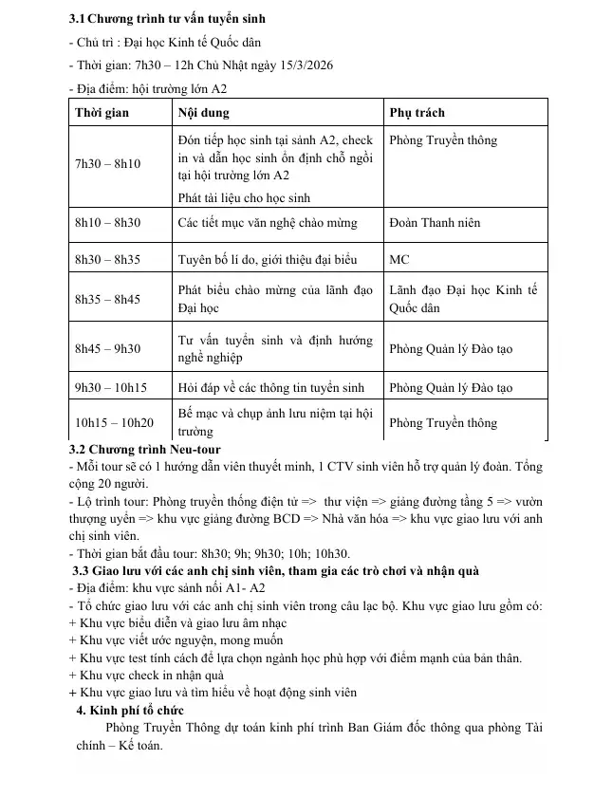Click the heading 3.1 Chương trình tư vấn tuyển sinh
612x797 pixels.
click(167, 18)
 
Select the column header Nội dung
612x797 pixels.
click(205, 113)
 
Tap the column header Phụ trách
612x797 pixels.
click(417, 113)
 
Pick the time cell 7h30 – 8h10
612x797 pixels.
click(107, 164)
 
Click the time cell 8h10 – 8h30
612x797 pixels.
click(107, 223)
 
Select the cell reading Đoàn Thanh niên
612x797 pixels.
click(435, 223)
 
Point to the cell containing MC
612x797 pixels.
click(399, 259)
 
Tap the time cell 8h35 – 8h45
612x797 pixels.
click(107, 299)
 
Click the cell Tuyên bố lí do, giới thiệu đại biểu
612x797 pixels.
click(268, 259)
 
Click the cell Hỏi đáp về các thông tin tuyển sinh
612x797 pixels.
click(270, 387)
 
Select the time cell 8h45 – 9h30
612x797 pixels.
click(107, 348)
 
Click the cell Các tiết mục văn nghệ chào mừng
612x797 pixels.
click(268, 223)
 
